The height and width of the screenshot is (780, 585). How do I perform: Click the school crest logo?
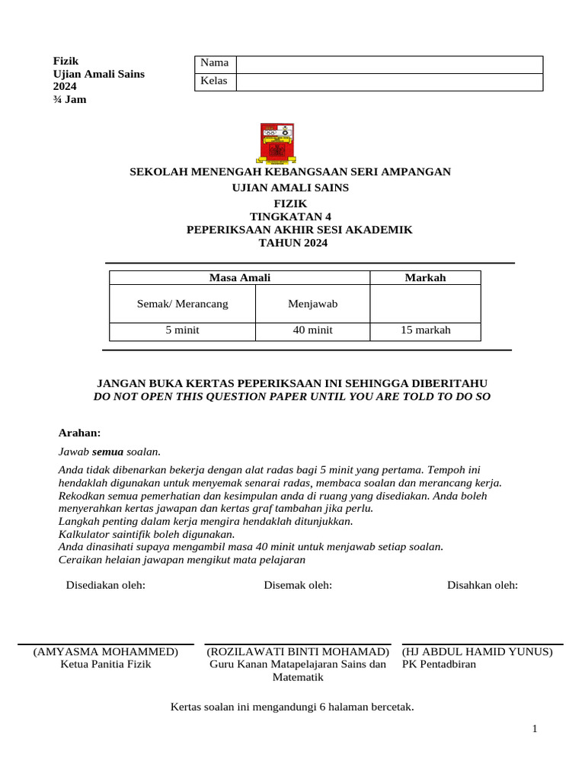point(277,144)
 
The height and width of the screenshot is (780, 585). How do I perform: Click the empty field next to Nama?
point(389,64)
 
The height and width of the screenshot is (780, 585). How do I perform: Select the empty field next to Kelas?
point(389,82)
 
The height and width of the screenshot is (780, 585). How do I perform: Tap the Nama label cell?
point(214,64)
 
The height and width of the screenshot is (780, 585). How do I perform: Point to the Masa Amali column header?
point(239,278)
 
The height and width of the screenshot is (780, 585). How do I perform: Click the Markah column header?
point(425,278)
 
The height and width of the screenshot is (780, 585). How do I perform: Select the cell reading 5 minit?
point(182,331)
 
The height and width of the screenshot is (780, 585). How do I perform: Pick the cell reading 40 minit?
point(312,331)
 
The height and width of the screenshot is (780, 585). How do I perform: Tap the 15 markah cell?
point(425,331)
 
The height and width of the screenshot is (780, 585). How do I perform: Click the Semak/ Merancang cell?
point(182,304)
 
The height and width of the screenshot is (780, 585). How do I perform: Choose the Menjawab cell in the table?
point(312,304)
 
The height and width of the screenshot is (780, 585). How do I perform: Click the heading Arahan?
point(80,433)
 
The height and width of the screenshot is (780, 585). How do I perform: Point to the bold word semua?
point(107,452)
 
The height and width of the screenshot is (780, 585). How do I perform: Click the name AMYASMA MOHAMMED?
point(106,652)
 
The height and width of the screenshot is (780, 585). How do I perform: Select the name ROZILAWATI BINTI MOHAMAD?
point(298,652)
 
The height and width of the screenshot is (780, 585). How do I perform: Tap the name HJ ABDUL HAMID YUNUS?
point(478,652)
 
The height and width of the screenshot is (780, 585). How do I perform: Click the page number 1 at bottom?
point(535,729)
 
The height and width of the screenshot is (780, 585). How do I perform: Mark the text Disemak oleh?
point(298,585)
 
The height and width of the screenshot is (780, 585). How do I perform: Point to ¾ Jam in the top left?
point(69,99)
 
